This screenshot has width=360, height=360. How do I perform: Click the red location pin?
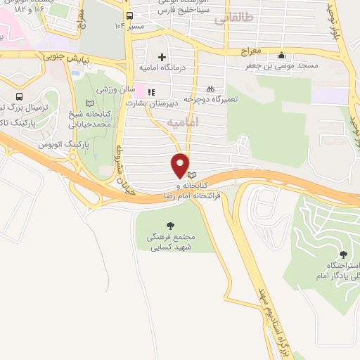tap(180, 165)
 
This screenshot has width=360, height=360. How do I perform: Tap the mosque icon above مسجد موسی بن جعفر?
tap(281, 56)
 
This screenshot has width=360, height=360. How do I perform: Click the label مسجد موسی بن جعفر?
tap(281, 66)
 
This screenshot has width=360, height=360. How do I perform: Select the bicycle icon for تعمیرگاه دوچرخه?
tap(210, 89)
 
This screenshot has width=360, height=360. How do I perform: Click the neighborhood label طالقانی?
tap(232, 19)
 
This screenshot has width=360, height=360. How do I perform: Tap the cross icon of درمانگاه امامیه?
tap(162, 57)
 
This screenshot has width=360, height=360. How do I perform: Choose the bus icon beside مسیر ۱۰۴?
tap(129, 15)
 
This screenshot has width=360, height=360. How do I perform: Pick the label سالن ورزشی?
tap(115, 91)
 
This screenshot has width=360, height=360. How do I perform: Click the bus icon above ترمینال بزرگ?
tap(18, 96)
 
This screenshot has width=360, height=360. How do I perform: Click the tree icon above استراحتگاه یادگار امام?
tap(343, 254)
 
